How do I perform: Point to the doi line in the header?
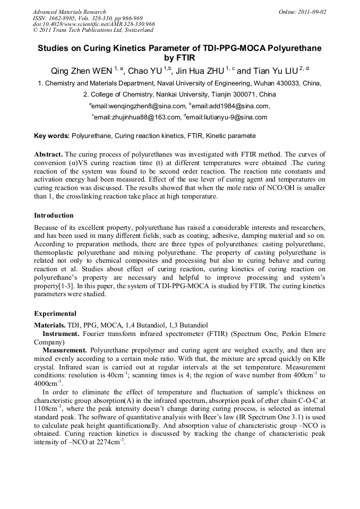click(x=93, y=24)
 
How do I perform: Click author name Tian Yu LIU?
click(x=270, y=71)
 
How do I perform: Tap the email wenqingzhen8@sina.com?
click(x=140, y=106)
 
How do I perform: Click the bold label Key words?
click(x=52, y=136)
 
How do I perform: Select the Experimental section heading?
click(x=55, y=314)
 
